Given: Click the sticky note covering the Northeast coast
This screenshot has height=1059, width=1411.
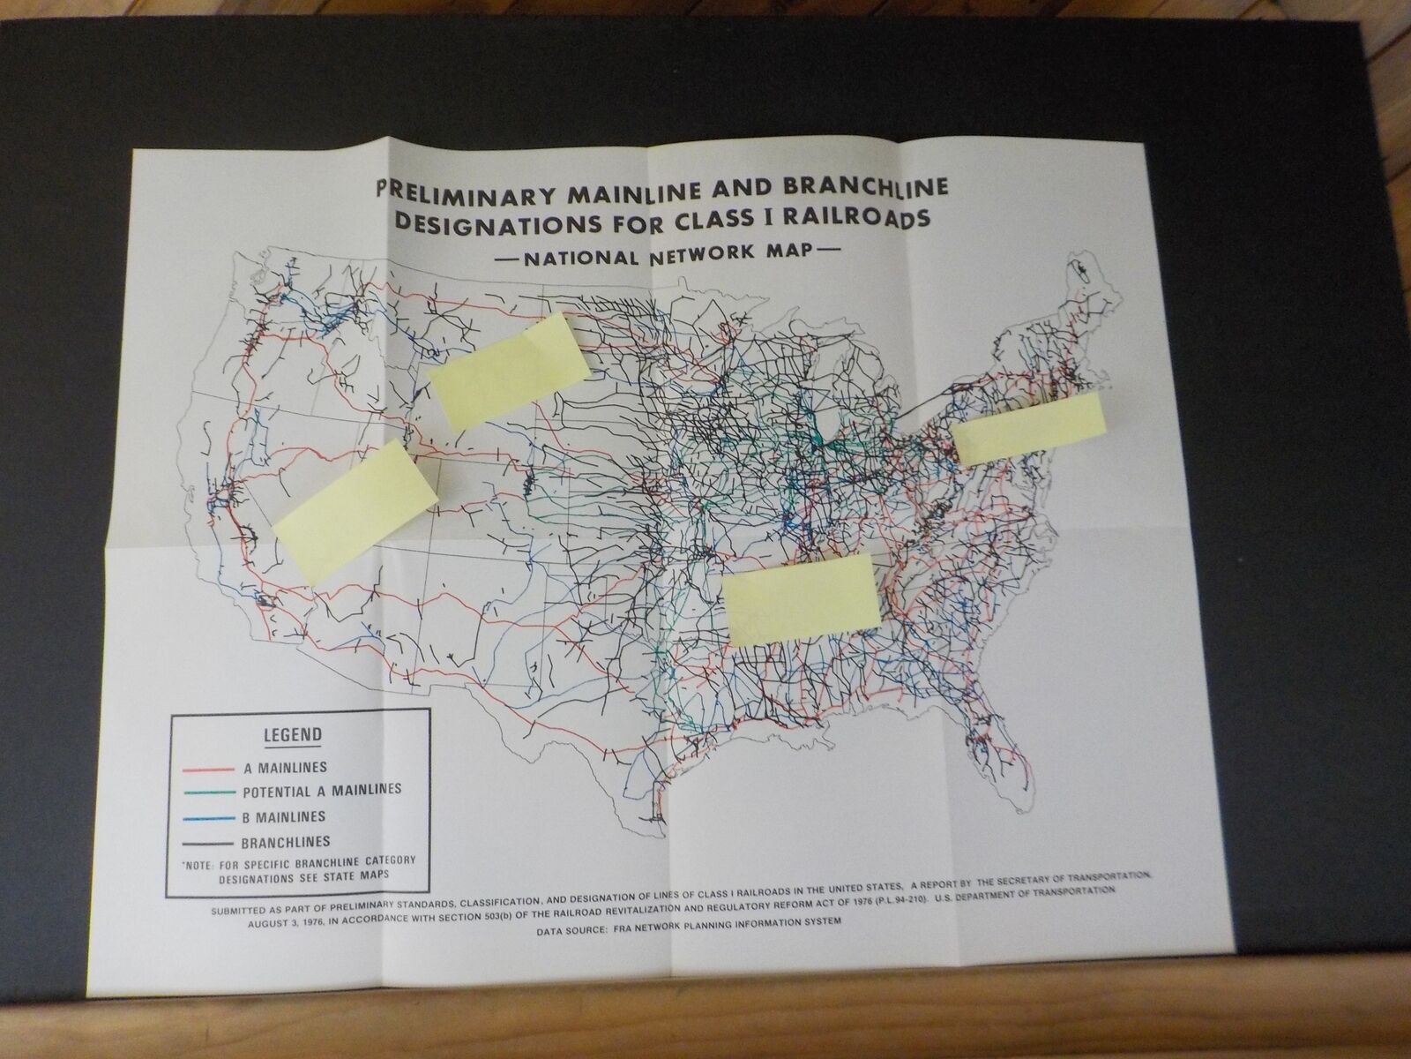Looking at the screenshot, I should pyautogui.click(x=1028, y=428).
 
